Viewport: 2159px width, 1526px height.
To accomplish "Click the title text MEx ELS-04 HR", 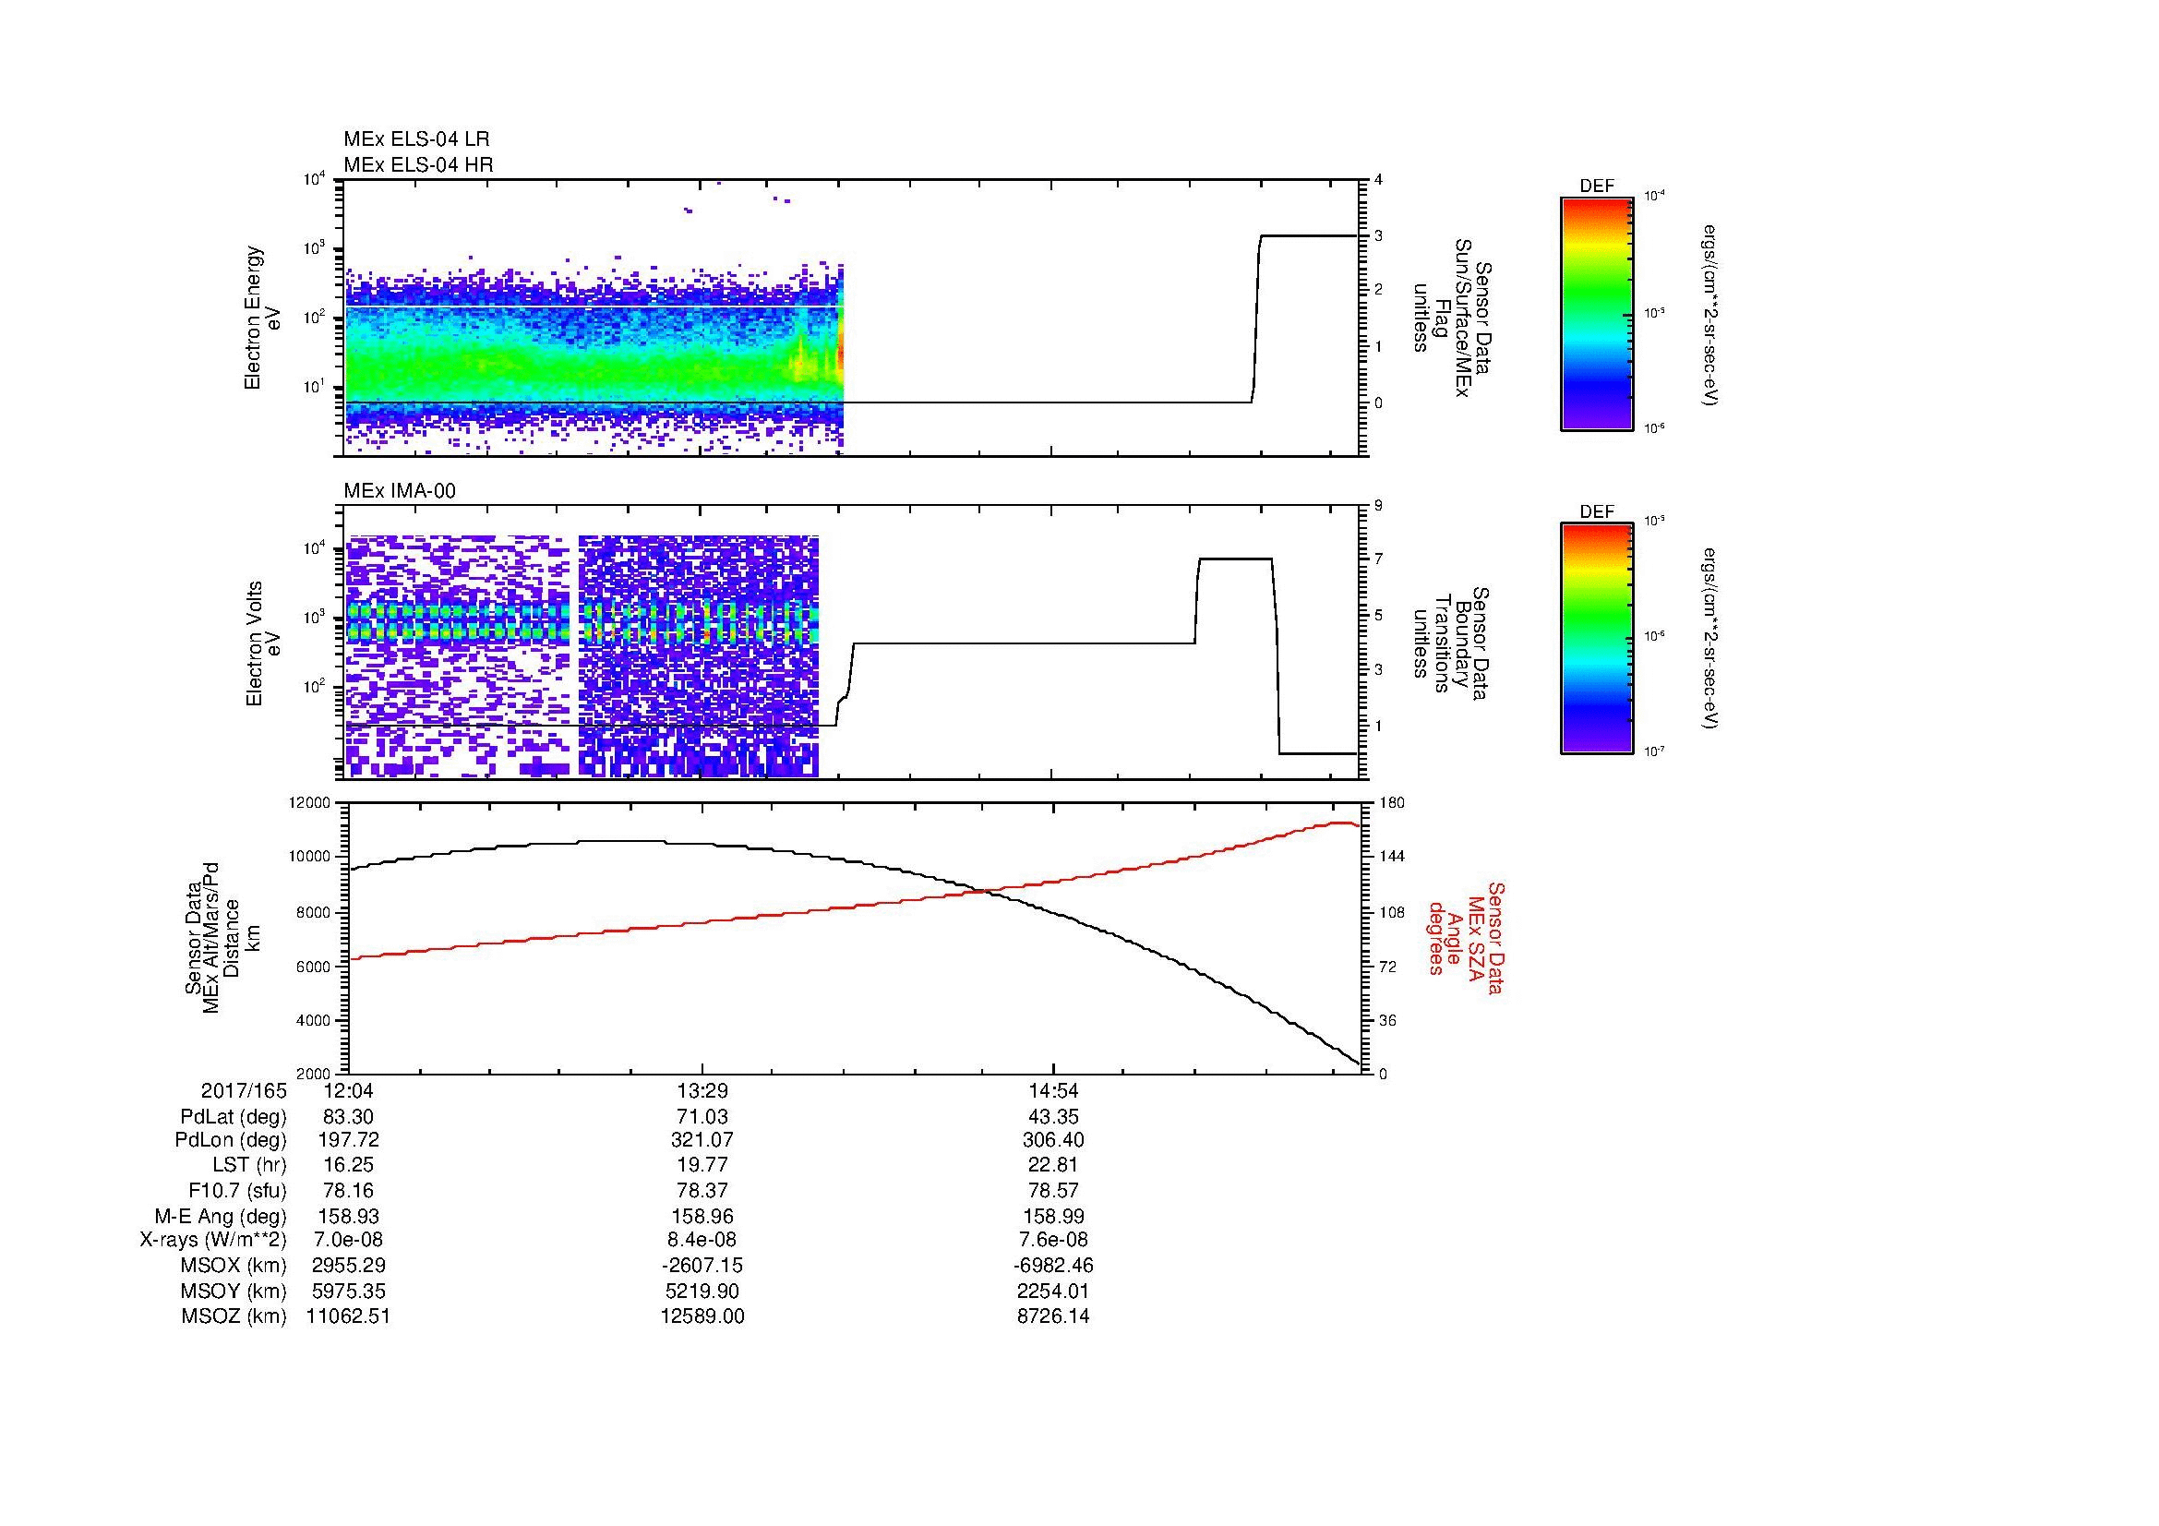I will pos(417,164).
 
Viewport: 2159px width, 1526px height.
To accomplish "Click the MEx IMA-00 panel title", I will pos(400,491).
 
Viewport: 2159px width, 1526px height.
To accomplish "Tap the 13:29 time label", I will pos(702,1090).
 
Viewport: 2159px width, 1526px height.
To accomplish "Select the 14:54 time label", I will pos(1054,1090).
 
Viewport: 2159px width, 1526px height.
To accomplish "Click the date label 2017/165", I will pos(244,1090).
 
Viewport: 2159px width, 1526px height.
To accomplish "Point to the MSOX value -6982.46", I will pos(1054,1266).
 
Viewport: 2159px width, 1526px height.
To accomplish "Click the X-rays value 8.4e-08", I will pos(702,1240).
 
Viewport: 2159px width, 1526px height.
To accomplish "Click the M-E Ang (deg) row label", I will pos(220,1216).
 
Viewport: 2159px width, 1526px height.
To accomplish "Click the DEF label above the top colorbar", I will pos(1596,186).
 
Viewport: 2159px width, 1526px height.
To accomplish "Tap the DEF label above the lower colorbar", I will pos(1596,511).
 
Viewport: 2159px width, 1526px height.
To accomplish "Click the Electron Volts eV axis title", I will pos(263,643).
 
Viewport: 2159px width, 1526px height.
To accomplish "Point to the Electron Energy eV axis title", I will pos(263,318).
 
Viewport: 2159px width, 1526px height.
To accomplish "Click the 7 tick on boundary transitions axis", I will pos(1378,559).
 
